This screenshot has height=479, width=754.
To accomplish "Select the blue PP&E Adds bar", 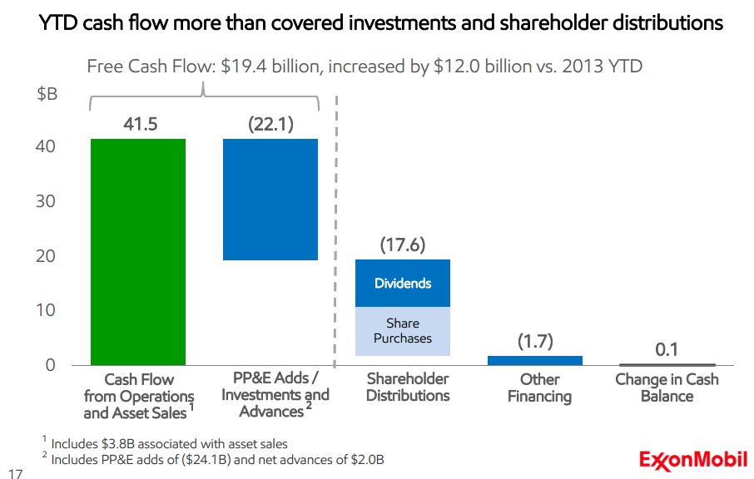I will pos(270,200).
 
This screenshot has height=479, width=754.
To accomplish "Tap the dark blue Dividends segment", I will pos(403,284).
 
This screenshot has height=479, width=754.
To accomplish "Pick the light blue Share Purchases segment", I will pos(403,331).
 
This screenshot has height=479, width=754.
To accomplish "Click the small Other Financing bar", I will pos(534,360).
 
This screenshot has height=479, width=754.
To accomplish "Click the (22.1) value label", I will pos(271,125).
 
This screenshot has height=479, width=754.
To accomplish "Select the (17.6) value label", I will pos(403,245).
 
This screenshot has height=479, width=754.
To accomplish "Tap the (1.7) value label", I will pos(534,341).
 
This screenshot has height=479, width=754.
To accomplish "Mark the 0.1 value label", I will pos(667,349).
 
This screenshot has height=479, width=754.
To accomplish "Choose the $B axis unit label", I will pos(47,94).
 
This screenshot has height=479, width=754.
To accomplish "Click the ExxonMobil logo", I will pos(692,459).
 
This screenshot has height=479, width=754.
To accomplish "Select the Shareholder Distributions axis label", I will pos(408,388).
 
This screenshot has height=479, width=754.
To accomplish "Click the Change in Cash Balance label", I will pos(667,388).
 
